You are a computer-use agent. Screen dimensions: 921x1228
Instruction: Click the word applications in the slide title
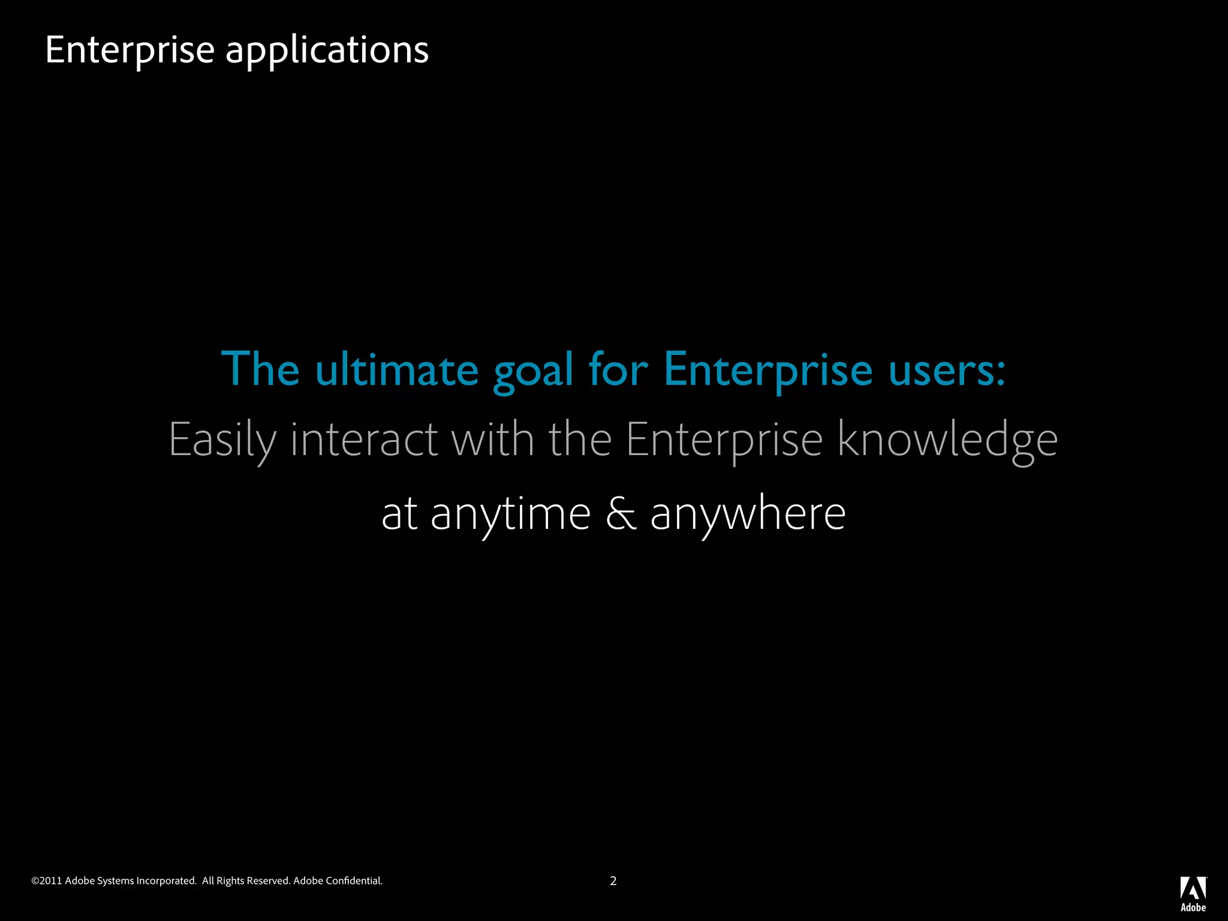[327, 50]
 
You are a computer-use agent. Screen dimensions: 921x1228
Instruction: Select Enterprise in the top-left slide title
[130, 50]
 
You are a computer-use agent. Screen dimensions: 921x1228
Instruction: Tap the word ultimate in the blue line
[396, 369]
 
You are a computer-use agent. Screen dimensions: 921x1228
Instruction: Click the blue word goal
[533, 371]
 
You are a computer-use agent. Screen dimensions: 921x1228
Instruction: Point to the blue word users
[946, 369]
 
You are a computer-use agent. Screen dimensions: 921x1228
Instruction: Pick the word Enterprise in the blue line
[768, 371]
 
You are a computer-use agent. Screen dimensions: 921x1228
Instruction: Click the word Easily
[222, 440]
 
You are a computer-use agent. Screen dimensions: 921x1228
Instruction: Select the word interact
[364, 440]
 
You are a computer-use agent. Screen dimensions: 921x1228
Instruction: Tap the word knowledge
[947, 440]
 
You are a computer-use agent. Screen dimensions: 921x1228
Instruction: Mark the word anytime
[511, 514]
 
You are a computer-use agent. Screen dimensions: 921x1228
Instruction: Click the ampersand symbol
[621, 513]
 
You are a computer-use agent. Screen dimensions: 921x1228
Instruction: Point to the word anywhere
[748, 514]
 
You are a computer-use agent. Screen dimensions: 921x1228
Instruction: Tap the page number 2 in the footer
[613, 881]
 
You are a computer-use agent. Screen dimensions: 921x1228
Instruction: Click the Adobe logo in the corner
[1193, 893]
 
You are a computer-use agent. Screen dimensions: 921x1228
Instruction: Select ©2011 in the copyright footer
[47, 881]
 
